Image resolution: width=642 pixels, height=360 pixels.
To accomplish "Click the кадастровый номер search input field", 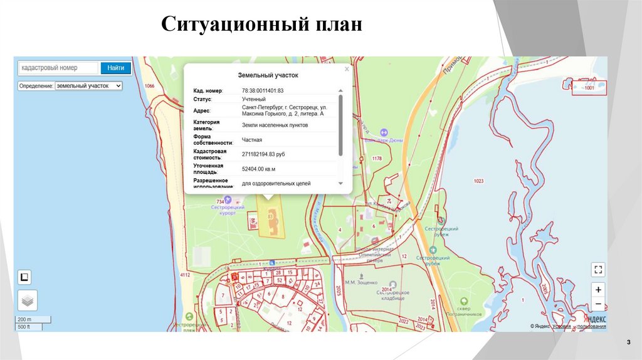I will [58, 68].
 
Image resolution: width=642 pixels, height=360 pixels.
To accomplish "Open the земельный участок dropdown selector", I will [88, 85].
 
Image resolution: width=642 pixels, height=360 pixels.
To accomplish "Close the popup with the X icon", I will [347, 70].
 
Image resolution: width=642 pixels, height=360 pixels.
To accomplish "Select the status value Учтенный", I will [254, 99].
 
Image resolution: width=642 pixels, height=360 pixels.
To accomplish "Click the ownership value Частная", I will [252, 139].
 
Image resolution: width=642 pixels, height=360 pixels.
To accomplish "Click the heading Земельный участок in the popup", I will [268, 75].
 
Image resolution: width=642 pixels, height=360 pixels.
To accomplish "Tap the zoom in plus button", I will [598, 290].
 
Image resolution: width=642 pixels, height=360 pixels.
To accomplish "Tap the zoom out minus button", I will [598, 304].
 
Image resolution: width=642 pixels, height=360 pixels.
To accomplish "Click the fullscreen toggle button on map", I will [598, 270].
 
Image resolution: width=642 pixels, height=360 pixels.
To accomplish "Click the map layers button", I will [27, 300].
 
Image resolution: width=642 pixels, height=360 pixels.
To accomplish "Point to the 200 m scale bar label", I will [24, 319].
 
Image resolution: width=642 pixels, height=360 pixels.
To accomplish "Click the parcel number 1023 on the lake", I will [478, 181].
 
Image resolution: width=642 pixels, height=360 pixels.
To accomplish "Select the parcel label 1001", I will [588, 88].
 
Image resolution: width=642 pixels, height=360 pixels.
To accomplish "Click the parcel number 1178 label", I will [377, 159].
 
